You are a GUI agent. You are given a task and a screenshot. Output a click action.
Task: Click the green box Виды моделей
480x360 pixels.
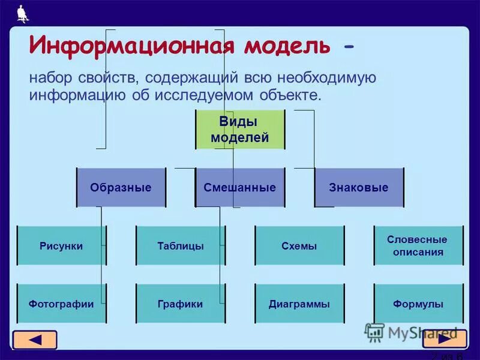[240, 130]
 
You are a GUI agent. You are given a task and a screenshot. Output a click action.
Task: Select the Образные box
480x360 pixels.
[120, 187]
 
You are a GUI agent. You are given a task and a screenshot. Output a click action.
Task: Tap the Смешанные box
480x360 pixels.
[240, 187]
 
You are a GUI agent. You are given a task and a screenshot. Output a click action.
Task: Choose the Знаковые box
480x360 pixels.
[359, 187]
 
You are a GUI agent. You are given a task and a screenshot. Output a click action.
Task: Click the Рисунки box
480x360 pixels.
[61, 245]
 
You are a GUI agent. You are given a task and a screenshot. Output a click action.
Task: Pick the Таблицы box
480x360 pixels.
[181, 245]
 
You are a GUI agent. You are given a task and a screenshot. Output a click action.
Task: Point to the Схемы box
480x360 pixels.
[299, 245]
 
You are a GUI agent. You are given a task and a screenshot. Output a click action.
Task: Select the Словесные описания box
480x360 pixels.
[419, 245]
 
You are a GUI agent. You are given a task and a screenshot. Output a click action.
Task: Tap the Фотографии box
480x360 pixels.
[61, 304]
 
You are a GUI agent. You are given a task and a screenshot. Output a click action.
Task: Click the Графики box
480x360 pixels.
[181, 304]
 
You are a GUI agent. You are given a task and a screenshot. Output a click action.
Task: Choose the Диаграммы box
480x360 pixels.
[299, 304]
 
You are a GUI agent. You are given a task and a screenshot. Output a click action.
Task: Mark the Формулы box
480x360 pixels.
[419, 304]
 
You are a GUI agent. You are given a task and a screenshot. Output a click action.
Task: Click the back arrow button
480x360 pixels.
[35, 340]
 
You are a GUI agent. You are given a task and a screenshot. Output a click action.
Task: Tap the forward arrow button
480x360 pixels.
[444, 339]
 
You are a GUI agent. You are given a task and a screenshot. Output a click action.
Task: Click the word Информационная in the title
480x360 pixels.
[130, 45]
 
